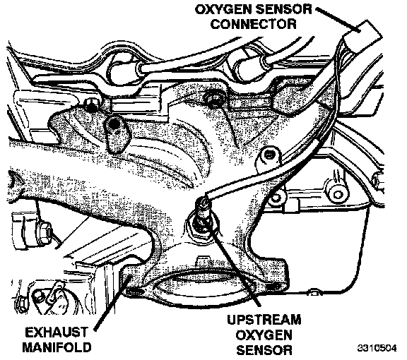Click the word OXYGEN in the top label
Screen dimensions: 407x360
pos(222,10)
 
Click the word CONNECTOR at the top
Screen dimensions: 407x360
pos(254,24)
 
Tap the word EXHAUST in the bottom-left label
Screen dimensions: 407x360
pos(57,332)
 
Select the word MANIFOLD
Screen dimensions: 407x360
pos(57,347)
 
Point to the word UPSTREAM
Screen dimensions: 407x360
pos(264,320)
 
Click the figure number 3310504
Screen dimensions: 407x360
pos(377,348)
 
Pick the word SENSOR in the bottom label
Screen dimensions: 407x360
pos(264,349)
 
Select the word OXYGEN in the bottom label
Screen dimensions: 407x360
pos(264,335)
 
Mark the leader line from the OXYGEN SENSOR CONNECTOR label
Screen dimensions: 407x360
pos(338,20)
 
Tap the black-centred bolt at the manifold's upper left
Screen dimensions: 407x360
pos(114,124)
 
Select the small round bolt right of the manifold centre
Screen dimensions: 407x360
pos(269,155)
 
